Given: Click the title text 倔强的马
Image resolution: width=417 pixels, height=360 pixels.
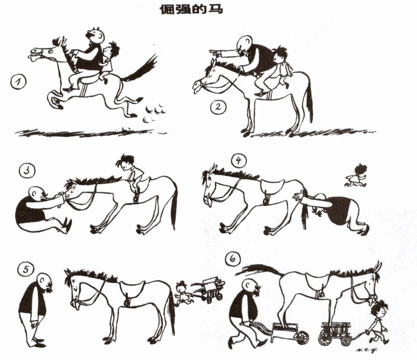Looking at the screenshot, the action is pyautogui.click(x=191, y=9).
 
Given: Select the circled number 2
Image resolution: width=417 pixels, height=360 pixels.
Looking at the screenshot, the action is pyautogui.click(x=218, y=108).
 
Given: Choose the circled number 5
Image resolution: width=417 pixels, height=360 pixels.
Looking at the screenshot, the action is pyautogui.click(x=26, y=270).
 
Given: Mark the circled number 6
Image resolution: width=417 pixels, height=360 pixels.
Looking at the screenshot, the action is pyautogui.click(x=233, y=259).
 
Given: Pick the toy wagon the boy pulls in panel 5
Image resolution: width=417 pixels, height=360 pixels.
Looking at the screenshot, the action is pyautogui.click(x=210, y=288).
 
